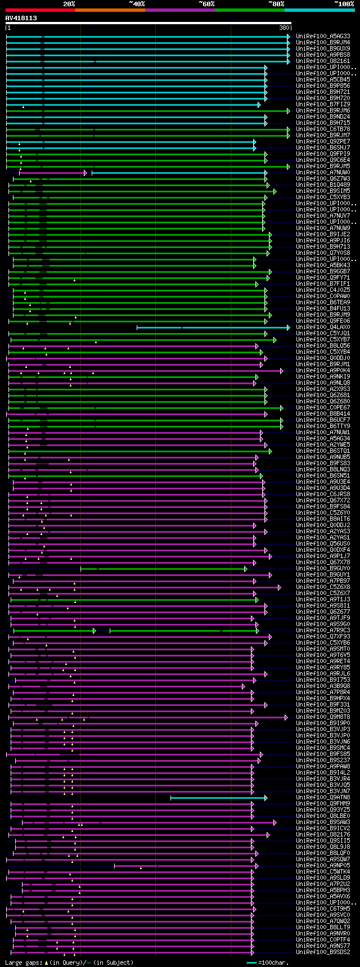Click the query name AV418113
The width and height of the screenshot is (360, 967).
coord(21,18)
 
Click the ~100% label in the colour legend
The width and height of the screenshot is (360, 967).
coord(344,3)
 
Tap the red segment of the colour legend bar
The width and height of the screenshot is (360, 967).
coord(40,10)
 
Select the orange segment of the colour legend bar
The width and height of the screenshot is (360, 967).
coord(110,10)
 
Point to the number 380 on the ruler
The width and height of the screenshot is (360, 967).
coord(284,28)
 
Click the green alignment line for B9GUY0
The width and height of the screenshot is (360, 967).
coord(163,569)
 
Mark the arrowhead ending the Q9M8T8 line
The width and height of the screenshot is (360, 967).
coord(286,717)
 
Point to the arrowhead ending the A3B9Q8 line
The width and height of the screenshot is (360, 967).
coord(243,686)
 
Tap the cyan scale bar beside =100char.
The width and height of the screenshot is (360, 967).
coord(251,962)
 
